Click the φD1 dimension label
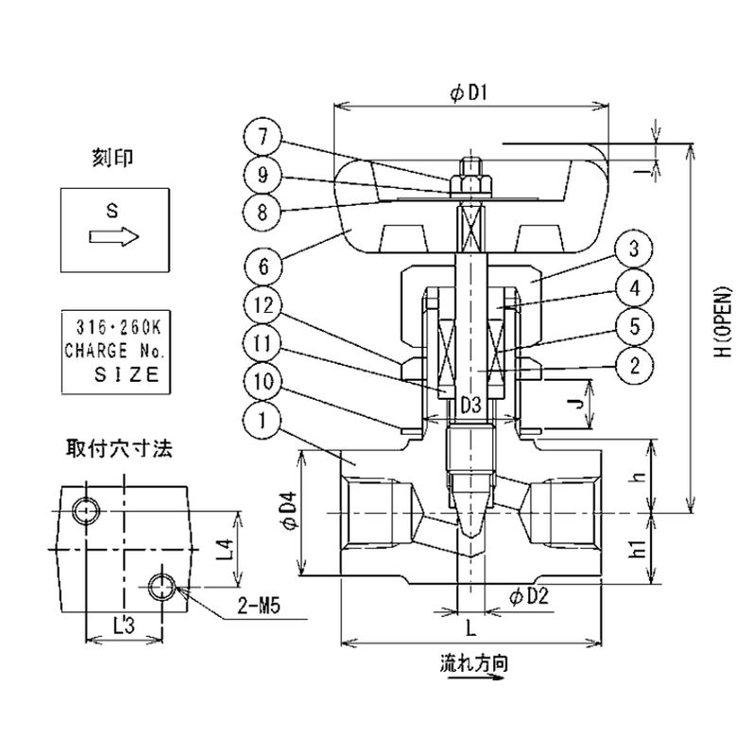[x=470, y=92]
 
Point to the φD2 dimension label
[x=529, y=596]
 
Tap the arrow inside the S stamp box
[x=114, y=237]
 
